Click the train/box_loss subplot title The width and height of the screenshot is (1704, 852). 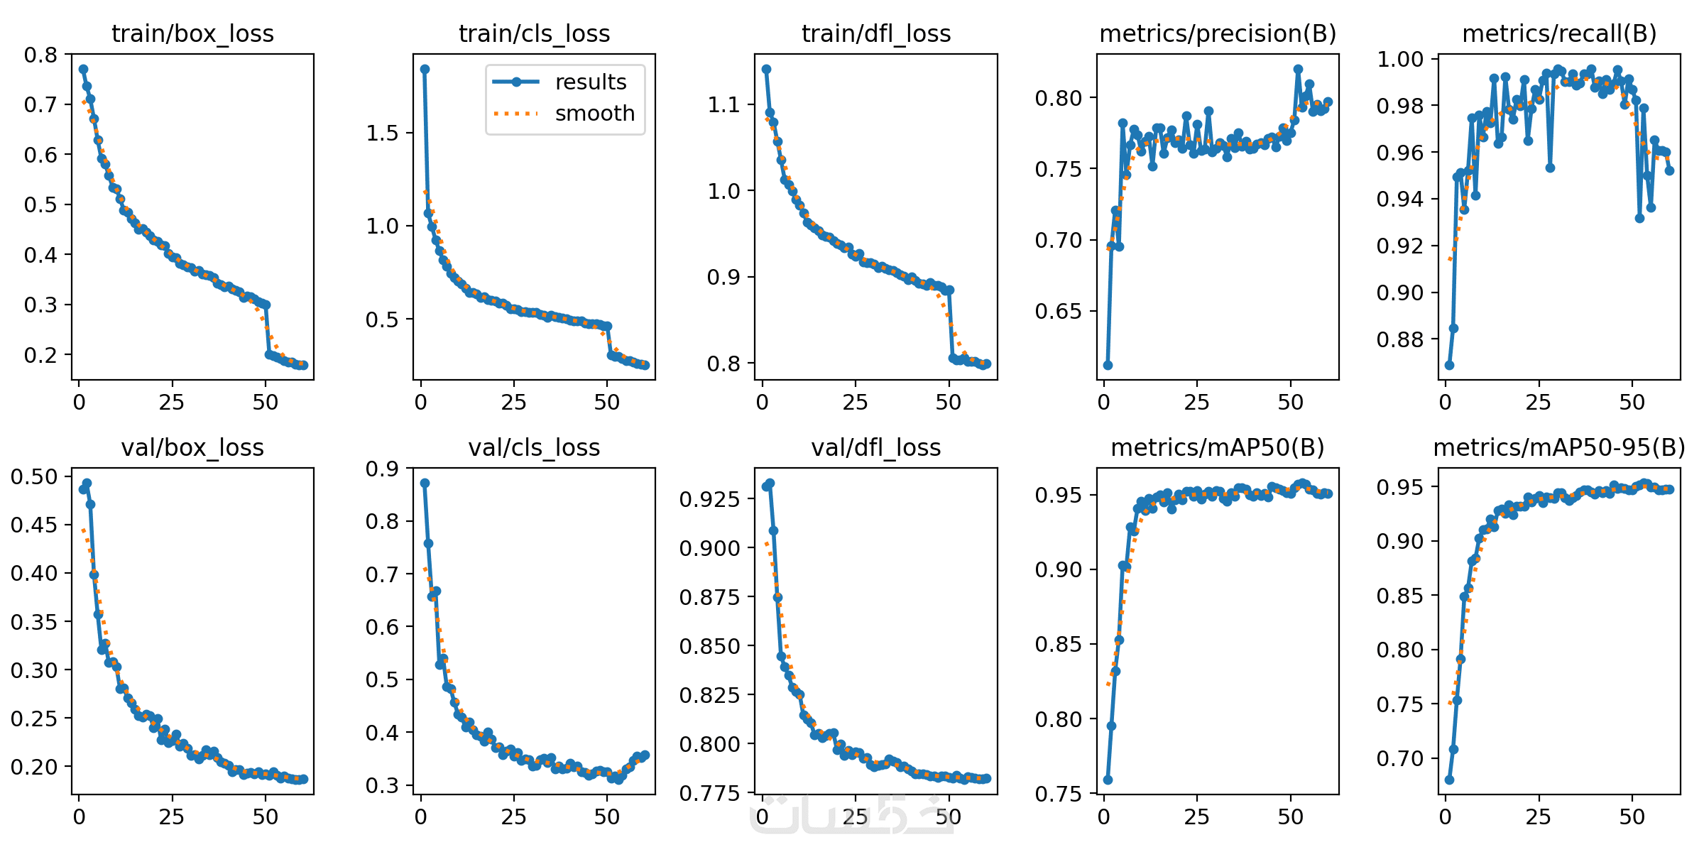pos(192,33)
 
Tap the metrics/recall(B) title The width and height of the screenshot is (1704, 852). pos(1559,33)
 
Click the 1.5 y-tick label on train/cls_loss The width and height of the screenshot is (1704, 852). pos(383,133)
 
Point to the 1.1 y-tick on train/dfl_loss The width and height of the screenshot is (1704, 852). pos(724,105)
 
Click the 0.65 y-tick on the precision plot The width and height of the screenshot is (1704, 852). pos(1058,311)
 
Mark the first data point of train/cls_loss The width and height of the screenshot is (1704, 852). pos(425,69)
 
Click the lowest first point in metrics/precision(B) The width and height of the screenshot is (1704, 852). pos(1108,365)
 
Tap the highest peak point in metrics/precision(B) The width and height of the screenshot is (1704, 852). pos(1298,69)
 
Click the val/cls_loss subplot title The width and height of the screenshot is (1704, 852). pos(534,447)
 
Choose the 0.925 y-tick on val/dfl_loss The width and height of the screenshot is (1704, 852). pos(709,499)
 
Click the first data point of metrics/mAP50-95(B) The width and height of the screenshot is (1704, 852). pos(1449,780)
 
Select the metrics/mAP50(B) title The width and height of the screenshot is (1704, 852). pos(1218,447)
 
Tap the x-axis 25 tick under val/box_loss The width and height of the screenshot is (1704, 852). pos(171,816)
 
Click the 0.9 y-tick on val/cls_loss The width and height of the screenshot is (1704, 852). pos(383,469)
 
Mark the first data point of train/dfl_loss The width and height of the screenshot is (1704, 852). pos(766,69)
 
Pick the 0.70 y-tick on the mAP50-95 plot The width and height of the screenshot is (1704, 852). pos(1400,758)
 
